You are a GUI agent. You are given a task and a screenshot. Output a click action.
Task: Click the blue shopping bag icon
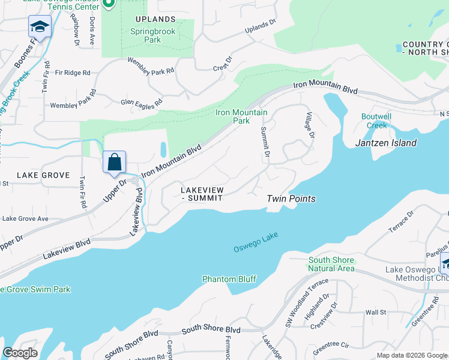pos(114,163)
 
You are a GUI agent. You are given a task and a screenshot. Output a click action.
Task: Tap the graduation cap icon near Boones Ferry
pos(40,27)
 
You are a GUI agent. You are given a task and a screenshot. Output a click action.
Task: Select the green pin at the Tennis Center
pos(109,4)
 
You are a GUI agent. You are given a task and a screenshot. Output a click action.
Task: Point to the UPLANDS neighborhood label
pos(155,20)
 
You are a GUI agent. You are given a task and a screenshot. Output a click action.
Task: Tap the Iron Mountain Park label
pos(233,116)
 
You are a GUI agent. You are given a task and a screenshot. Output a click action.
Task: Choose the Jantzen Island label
pos(385,143)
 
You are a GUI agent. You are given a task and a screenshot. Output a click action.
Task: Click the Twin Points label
pos(291,199)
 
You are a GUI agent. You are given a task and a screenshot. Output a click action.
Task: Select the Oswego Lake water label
pos(256,243)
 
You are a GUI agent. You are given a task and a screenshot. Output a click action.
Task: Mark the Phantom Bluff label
pos(229,279)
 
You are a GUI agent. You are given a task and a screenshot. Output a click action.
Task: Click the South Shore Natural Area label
pos(331,265)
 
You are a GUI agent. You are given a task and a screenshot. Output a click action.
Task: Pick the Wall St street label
pos(375,313)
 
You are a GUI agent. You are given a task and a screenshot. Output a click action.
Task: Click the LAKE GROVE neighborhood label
pos(43,175)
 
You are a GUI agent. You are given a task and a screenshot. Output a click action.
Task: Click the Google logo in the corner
pos(20,353)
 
